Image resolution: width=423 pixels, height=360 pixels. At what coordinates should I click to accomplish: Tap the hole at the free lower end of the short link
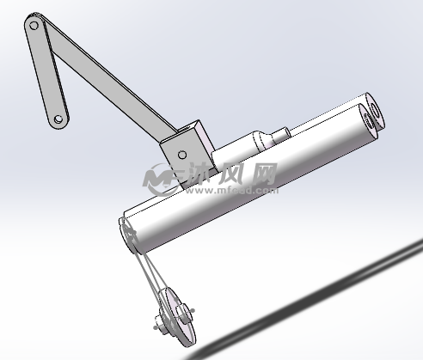pyautogui.click(x=58, y=120)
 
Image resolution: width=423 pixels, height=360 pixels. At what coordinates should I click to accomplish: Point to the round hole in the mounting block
pyautogui.click(x=181, y=153)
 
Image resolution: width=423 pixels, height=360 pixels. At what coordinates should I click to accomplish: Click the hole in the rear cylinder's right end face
pyautogui.click(x=376, y=110)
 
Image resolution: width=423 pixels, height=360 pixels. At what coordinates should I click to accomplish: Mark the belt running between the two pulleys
pyautogui.click(x=150, y=275)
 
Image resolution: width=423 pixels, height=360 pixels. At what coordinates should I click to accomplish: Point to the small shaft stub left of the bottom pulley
pyautogui.click(x=156, y=325)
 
